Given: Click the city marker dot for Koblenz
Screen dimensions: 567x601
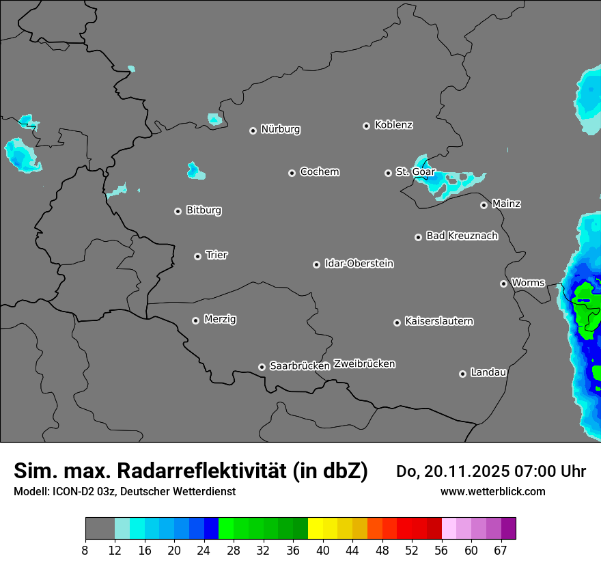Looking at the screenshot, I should (x=366, y=126).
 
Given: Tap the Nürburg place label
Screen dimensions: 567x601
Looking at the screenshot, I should (x=280, y=129).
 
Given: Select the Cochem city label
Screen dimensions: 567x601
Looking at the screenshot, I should (x=319, y=171).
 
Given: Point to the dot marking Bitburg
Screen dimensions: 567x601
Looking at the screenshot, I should (x=178, y=211).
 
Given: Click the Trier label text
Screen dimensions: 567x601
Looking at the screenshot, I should (x=216, y=255).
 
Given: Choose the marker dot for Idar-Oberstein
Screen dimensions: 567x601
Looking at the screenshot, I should (x=316, y=264).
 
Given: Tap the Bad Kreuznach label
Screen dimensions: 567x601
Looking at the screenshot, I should (x=462, y=236).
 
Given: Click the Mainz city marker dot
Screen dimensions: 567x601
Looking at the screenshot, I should (x=484, y=205).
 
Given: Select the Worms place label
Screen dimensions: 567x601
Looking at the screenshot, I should (x=528, y=282).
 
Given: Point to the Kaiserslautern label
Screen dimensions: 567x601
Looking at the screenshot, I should (x=438, y=321).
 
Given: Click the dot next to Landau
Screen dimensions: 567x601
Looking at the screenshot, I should (x=462, y=374).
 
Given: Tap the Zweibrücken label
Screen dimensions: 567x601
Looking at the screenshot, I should (x=364, y=364).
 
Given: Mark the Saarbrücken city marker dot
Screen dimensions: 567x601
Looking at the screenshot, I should (x=262, y=367).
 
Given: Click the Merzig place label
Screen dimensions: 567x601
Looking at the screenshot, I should (x=220, y=319).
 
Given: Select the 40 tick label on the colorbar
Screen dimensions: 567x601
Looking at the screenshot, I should (x=323, y=550).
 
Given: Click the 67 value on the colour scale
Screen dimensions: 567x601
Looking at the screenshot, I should (x=501, y=550).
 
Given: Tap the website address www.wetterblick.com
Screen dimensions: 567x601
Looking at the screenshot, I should (x=492, y=491).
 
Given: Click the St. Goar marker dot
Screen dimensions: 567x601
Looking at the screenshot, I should (x=388, y=173).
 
